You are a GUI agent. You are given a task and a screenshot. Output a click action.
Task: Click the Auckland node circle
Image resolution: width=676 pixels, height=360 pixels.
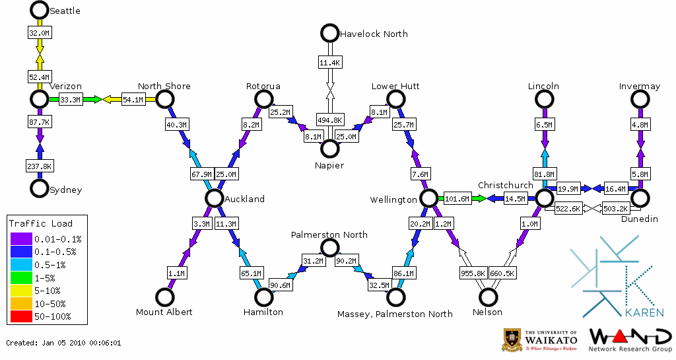pos(213,198)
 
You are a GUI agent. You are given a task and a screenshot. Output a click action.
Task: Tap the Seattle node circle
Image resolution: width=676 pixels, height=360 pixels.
pos(40,10)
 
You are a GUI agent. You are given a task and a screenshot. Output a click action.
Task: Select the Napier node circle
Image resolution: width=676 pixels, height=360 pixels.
pos(329,149)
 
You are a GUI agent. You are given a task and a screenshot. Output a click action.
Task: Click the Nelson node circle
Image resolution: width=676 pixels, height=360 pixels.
pos(488,297)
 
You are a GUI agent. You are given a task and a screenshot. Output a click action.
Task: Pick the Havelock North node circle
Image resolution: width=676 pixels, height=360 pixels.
pos(329,32)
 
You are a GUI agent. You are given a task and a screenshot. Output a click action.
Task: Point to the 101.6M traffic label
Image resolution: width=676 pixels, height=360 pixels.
pos(457,198)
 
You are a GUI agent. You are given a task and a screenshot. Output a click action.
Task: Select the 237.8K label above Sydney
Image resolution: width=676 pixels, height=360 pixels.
pos(40,166)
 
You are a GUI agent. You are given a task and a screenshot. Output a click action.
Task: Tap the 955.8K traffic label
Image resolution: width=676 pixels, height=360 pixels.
pos(473,272)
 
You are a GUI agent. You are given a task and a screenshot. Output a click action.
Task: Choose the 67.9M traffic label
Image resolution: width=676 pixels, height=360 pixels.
pos(200,174)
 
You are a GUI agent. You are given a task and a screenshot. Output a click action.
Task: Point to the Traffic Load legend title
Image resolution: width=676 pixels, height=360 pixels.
pos(41,224)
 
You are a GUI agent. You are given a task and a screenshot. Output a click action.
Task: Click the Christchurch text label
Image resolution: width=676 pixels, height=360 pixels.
pos(505,185)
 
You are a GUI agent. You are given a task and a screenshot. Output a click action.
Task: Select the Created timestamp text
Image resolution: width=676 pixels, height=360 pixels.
pos(64,343)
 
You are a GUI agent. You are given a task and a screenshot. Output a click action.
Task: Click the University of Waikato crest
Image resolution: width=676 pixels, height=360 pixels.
pos(513,339)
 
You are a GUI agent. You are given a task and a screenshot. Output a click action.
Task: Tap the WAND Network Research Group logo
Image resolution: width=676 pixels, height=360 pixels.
pos(630,340)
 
